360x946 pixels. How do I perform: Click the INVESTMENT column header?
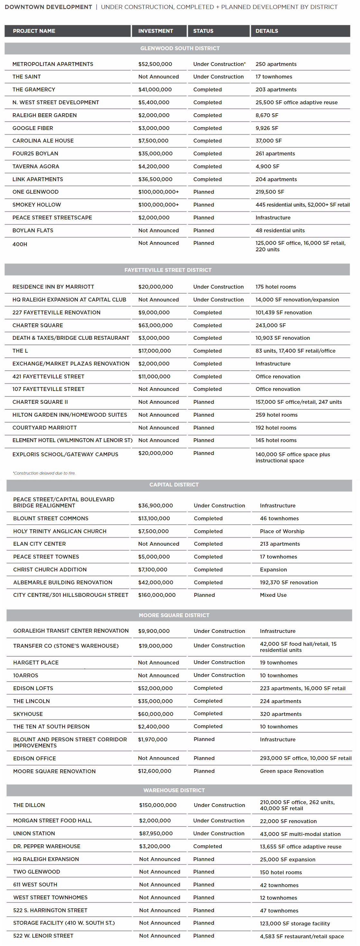(155, 31)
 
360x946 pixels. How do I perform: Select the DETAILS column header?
(267, 31)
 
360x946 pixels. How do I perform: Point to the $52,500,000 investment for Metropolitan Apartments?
(155, 64)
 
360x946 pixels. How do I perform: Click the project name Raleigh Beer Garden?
(44, 115)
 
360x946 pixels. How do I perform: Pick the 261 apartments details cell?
(275, 153)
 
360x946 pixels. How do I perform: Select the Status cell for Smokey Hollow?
(204, 205)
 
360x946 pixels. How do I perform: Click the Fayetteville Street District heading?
(168, 270)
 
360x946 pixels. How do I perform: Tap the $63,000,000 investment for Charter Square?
(155, 325)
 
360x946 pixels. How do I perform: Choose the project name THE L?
(20, 351)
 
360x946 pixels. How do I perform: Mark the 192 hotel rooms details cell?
(276, 427)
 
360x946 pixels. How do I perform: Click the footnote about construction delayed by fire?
(44, 473)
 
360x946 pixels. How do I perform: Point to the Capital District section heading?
(174, 485)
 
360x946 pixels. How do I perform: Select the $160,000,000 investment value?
(157, 595)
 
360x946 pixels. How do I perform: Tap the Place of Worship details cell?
(282, 531)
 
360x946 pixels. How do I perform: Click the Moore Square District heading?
(174, 615)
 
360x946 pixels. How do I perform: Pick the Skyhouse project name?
(28, 714)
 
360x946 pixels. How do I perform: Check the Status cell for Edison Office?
(204, 758)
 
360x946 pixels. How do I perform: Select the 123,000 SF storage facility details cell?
(295, 923)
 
